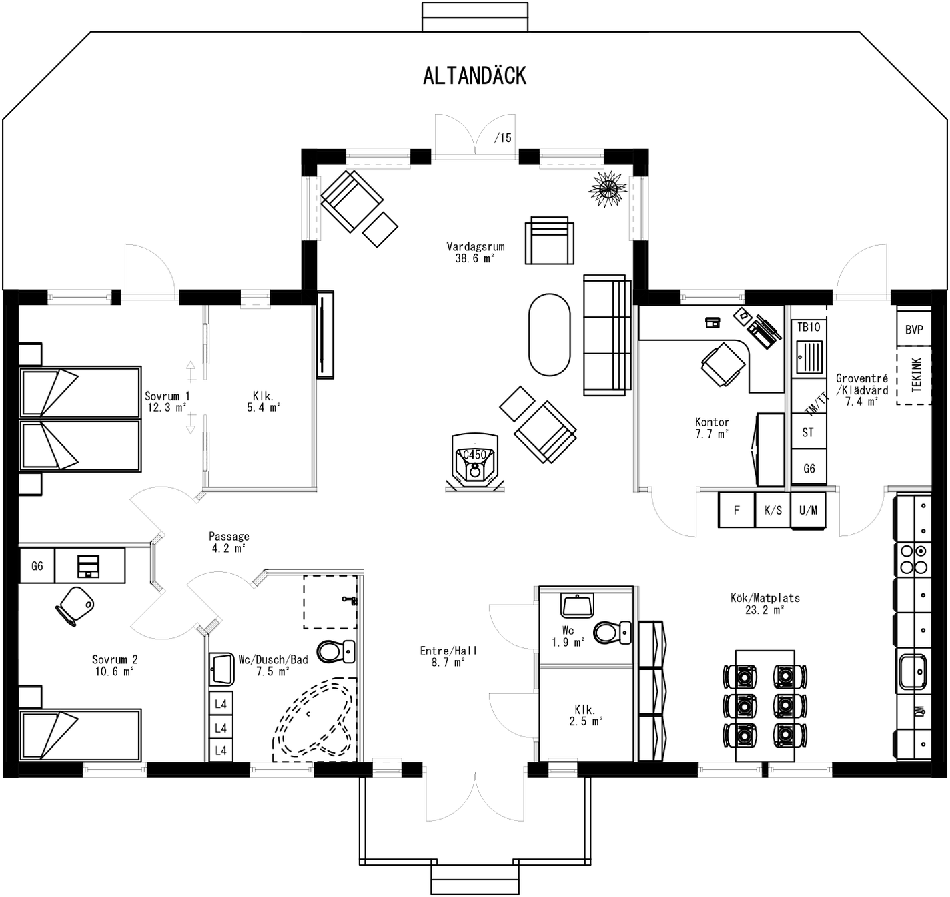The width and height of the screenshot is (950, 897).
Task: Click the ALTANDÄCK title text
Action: [474, 76]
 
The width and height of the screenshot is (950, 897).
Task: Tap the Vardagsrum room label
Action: [475, 252]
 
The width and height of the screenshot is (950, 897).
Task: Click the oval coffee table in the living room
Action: [549, 335]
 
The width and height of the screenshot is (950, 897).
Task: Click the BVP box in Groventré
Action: [913, 330]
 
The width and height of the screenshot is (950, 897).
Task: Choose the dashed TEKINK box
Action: [914, 376]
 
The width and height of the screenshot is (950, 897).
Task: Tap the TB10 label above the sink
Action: [808, 327]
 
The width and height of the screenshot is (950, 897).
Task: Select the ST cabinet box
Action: [808, 432]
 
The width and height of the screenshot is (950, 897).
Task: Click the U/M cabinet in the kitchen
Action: [808, 511]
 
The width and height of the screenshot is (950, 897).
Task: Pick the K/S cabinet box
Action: [773, 511]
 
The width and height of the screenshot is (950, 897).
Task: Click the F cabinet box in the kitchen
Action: [737, 511]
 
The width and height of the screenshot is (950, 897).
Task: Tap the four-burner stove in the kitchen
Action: [913, 559]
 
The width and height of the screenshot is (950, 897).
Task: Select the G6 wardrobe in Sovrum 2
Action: [37, 566]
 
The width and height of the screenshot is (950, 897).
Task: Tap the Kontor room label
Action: [711, 428]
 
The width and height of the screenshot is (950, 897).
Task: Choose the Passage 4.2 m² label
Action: [229, 542]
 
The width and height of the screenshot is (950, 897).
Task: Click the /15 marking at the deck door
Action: [503, 138]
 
